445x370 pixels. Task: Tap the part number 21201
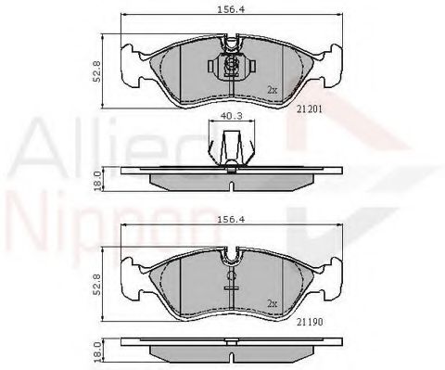(311, 107)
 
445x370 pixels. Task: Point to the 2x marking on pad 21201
(272, 90)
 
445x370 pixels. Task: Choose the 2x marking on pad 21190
(272, 301)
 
